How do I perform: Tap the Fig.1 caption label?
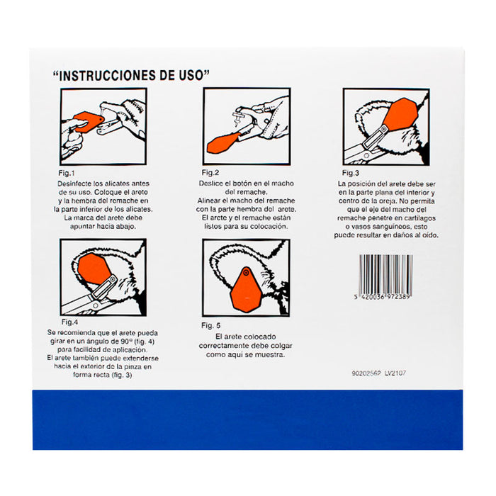point(67,174)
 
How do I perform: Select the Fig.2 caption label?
point(210,173)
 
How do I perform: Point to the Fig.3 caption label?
point(351,173)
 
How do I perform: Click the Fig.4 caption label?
point(69,322)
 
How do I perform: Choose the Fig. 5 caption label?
point(211,325)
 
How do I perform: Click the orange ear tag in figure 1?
point(89,121)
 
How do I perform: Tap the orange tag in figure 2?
point(223,143)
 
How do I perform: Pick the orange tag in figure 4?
point(94,269)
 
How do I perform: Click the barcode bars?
point(386,274)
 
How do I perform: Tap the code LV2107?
point(395,373)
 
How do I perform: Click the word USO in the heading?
point(195,76)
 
